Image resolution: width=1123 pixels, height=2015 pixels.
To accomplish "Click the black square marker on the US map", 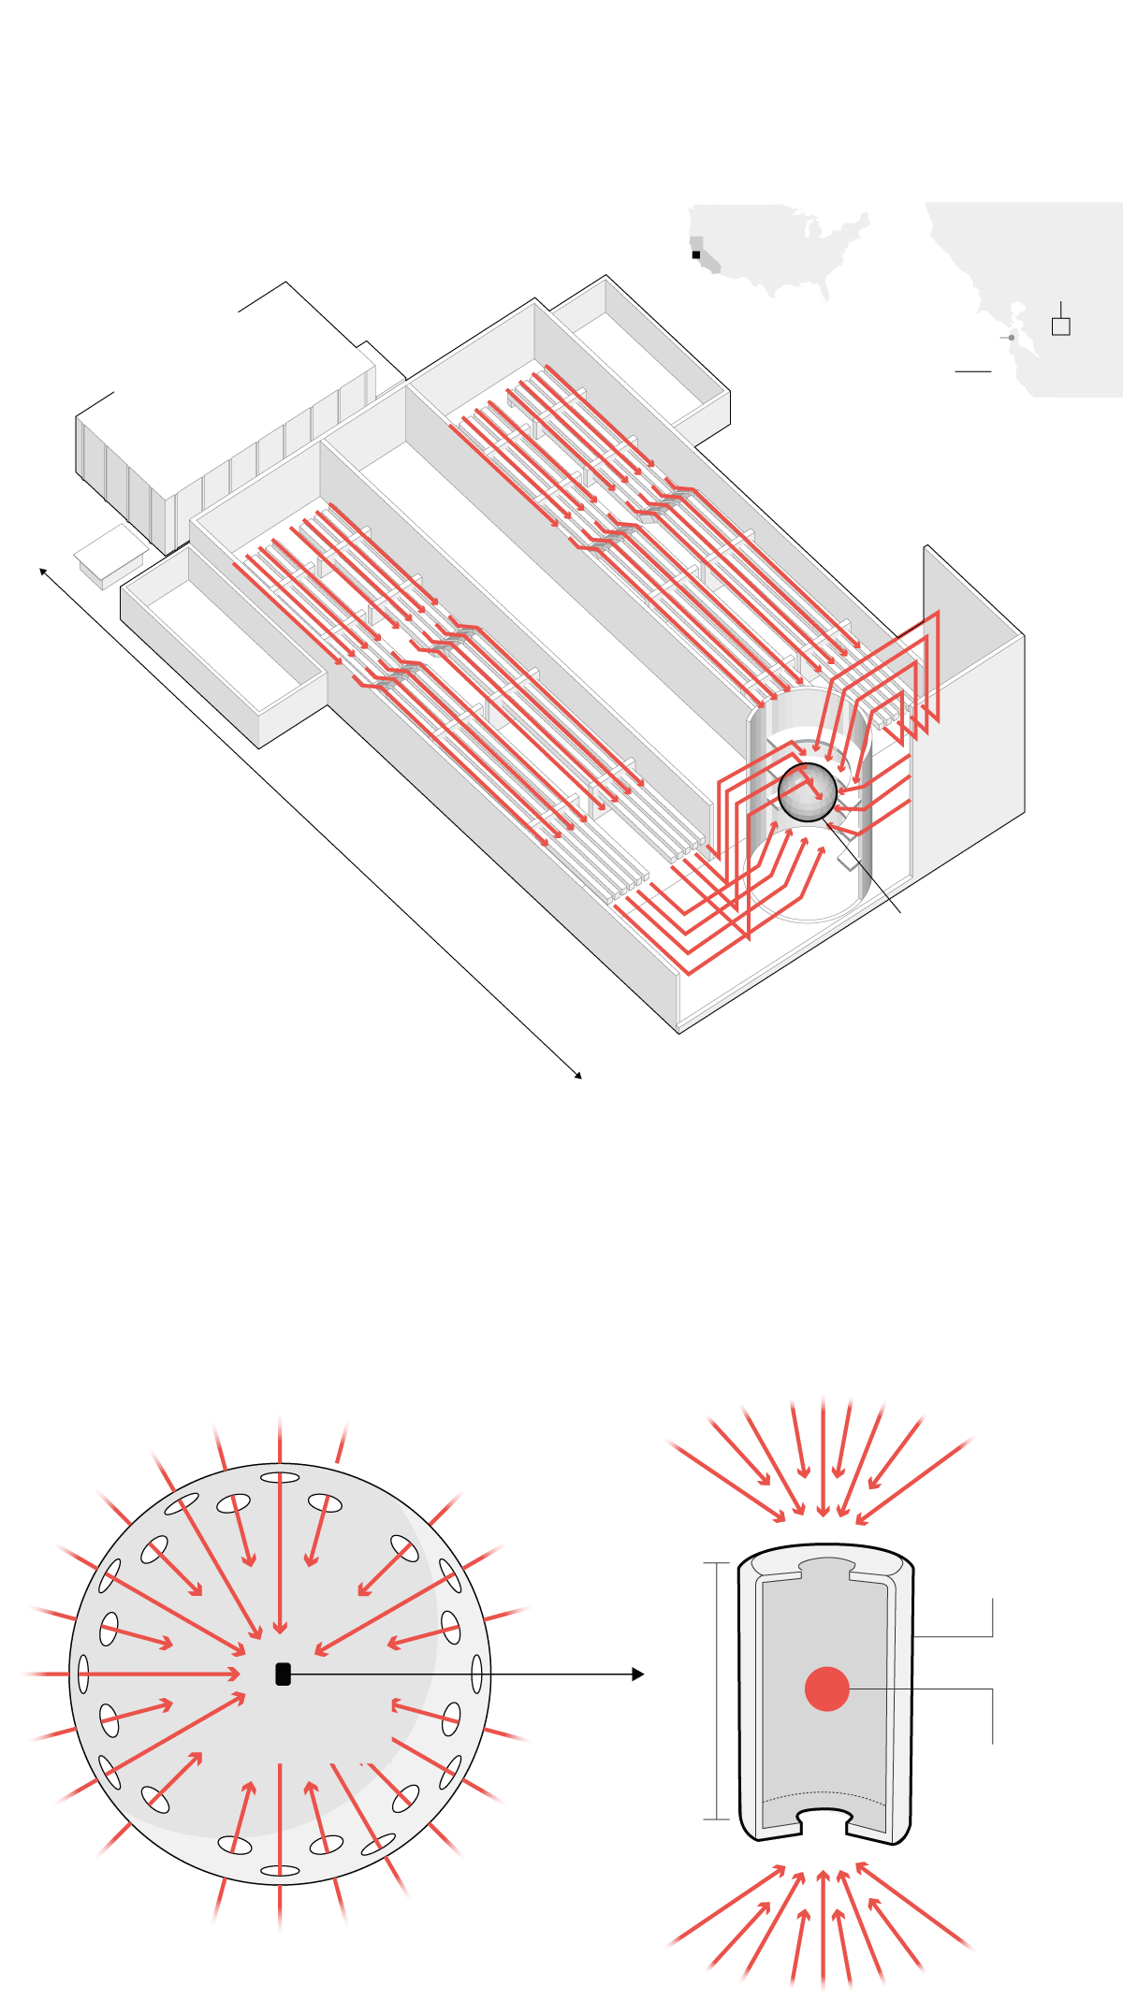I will (696, 254).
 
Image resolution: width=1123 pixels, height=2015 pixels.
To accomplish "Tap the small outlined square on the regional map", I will (1060, 326).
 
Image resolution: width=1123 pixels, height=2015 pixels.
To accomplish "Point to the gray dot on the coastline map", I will (1012, 338).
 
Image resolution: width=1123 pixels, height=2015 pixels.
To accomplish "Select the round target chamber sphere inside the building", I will (807, 792).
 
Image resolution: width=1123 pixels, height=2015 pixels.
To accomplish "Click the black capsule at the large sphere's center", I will (283, 1674).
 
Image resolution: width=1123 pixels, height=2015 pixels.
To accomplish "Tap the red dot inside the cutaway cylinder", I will (827, 1689).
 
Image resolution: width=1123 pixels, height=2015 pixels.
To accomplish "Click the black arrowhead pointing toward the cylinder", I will (638, 1674).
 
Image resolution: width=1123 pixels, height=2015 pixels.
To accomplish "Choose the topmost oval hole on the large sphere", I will (280, 1478).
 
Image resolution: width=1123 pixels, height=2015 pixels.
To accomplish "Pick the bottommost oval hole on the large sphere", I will (280, 1871).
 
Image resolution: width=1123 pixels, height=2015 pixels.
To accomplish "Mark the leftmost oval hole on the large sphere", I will (83, 1674).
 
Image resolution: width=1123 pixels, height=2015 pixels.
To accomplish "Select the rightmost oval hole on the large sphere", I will (477, 1674).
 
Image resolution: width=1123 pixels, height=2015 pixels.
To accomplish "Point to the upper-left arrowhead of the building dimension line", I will (43, 571).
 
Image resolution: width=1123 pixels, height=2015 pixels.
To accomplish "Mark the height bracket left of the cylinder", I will (717, 1690).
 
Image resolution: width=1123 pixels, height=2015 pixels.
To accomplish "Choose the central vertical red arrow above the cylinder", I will (824, 1459).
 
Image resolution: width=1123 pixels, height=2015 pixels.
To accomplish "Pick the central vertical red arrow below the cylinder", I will (824, 1927).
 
